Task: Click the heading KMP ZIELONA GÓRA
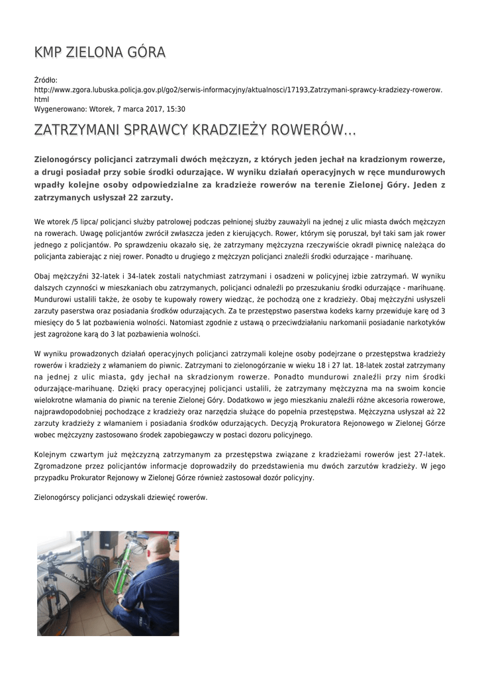coord(100,52)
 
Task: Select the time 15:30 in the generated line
coord(175,109)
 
